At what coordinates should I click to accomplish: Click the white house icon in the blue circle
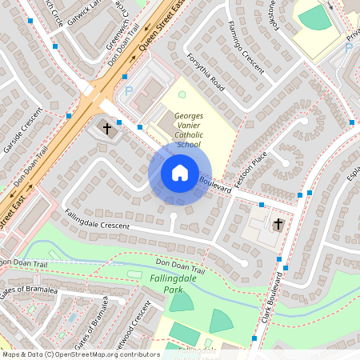click(x=179, y=172)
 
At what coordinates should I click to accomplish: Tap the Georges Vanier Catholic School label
click(x=188, y=130)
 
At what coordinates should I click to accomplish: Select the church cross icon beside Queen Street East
click(x=107, y=127)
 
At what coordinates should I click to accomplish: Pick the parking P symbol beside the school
click(x=129, y=91)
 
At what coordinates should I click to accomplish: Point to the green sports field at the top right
click(x=314, y=17)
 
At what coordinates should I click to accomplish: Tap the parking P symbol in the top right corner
click(x=348, y=48)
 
